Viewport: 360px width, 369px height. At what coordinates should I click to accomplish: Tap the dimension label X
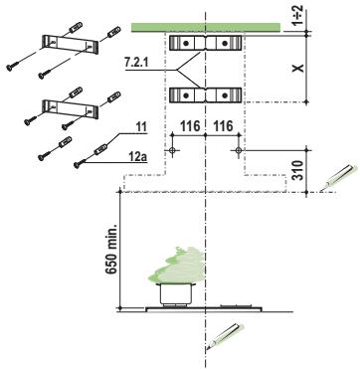298,68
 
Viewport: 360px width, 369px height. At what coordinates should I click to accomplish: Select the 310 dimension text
298,170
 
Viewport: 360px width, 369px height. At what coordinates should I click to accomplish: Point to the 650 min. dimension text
112,250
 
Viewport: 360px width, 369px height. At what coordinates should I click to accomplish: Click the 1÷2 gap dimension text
297,15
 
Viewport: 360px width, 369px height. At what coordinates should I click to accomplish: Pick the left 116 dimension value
190,126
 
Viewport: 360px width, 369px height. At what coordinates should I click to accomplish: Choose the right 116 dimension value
224,126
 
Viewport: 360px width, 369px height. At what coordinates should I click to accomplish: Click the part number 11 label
141,127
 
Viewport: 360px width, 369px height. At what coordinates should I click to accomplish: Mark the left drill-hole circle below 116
172,150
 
